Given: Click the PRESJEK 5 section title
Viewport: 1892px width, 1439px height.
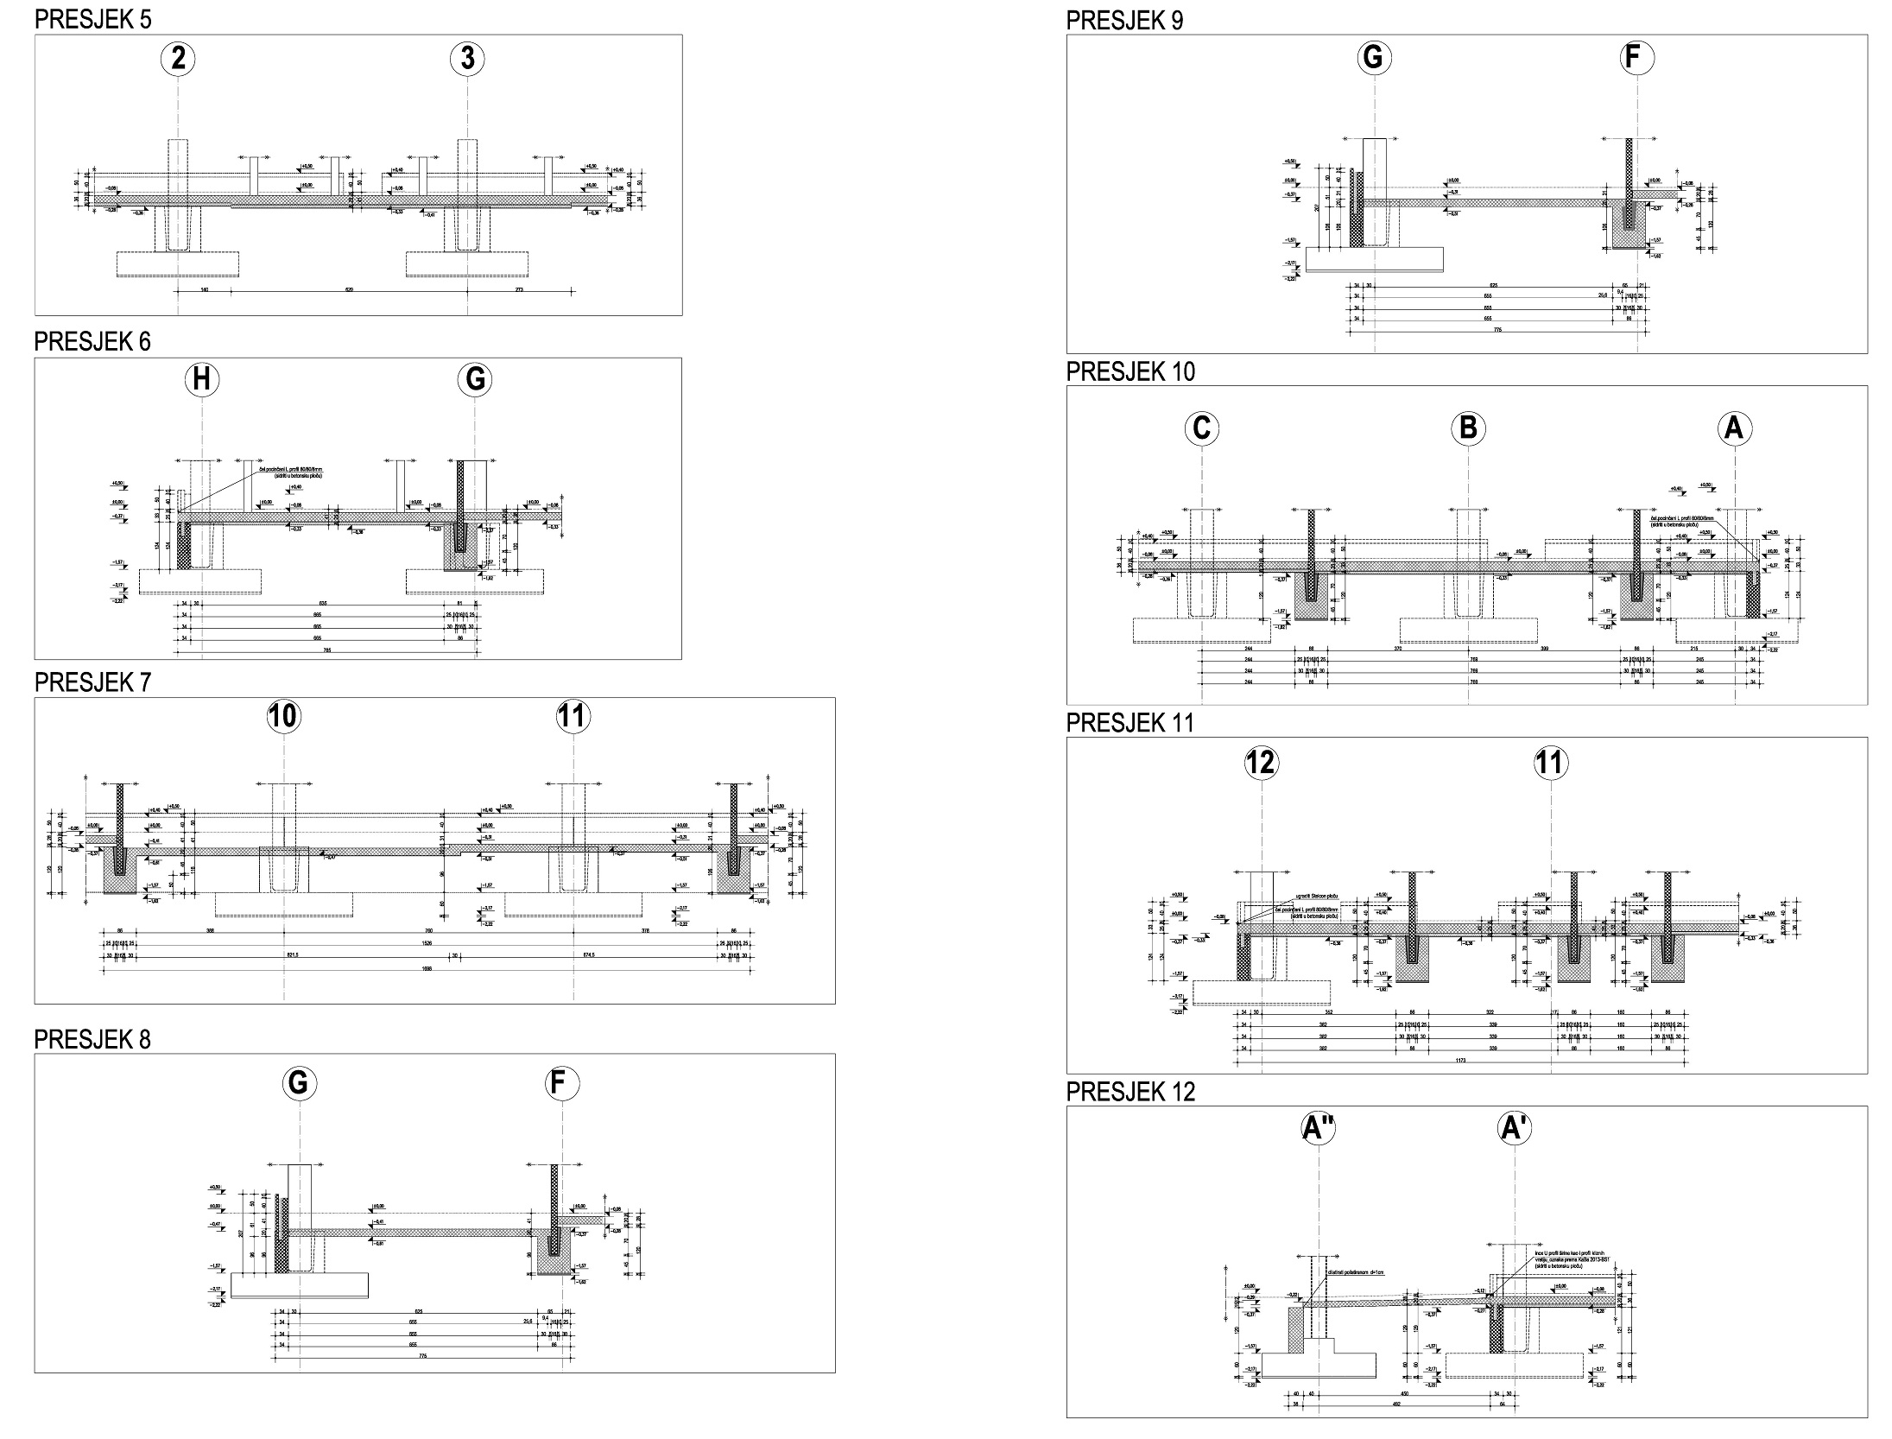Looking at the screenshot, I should [x=92, y=20].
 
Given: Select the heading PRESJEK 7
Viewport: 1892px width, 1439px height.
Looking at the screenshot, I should [x=92, y=682].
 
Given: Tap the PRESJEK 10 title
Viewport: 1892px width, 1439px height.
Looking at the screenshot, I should [x=1130, y=371].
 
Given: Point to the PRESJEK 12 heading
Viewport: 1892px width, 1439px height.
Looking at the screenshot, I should [x=1130, y=1093].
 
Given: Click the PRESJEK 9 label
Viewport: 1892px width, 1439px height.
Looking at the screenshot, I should [x=1124, y=21].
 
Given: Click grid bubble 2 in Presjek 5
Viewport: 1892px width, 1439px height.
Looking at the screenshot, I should [x=178, y=59].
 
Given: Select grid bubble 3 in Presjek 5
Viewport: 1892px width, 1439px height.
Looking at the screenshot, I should [x=467, y=59].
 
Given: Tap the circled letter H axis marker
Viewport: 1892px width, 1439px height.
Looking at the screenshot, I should [x=202, y=380].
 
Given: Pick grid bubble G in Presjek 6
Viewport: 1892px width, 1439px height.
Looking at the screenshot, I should [x=475, y=380].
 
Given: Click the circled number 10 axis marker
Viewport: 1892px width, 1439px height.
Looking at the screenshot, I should [x=284, y=716].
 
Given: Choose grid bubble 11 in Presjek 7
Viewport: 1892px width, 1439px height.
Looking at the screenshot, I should [x=573, y=716].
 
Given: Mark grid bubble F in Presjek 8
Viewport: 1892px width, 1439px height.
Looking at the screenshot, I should [x=563, y=1083].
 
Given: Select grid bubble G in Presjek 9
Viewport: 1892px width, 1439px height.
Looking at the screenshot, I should [x=1373, y=57].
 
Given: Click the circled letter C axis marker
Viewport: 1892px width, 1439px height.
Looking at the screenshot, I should [x=1202, y=428].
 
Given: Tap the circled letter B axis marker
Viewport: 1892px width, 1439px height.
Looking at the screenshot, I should [x=1468, y=428].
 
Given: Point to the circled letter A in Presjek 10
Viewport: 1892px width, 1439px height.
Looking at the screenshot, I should [x=1734, y=428].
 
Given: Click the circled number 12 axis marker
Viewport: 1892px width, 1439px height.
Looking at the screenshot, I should [x=1262, y=763].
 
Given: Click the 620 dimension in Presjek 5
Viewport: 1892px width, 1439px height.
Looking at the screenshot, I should [x=350, y=290].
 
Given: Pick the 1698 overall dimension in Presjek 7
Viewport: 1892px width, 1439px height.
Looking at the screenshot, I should [x=426, y=969].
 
